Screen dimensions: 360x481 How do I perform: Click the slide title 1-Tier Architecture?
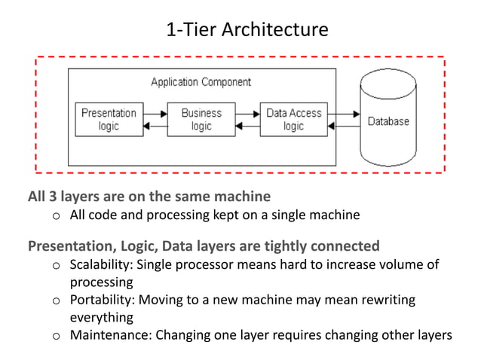pos(247,30)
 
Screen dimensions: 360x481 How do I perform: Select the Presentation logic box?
pos(109,120)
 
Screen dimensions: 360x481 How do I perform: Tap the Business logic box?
pos(201,120)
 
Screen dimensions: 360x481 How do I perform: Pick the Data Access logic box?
pos(293,120)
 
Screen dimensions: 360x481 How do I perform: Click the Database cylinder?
pos(388,121)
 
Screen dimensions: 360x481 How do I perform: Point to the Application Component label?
pos(201,81)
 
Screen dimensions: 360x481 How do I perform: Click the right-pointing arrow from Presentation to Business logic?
pos(155,114)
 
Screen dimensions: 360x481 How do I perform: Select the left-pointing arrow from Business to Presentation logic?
pos(155,127)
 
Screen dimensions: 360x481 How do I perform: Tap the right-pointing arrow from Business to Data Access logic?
pos(247,114)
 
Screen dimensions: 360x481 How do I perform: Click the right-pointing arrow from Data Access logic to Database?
pos(347,114)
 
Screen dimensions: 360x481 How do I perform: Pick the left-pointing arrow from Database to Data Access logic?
pos(347,127)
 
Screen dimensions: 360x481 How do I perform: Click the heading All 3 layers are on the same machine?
pos(149,197)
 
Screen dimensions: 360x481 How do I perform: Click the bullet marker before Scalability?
pos(56,266)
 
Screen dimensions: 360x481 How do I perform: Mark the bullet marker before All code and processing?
pos(56,217)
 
